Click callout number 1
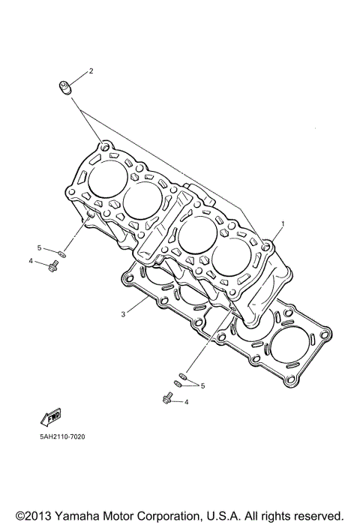(x=283, y=223)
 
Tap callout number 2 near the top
(x=91, y=71)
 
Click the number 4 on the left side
(x=31, y=261)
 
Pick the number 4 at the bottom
(x=187, y=402)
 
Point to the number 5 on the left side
(x=39, y=247)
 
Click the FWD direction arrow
(x=52, y=415)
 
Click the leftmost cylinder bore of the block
(x=108, y=180)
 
